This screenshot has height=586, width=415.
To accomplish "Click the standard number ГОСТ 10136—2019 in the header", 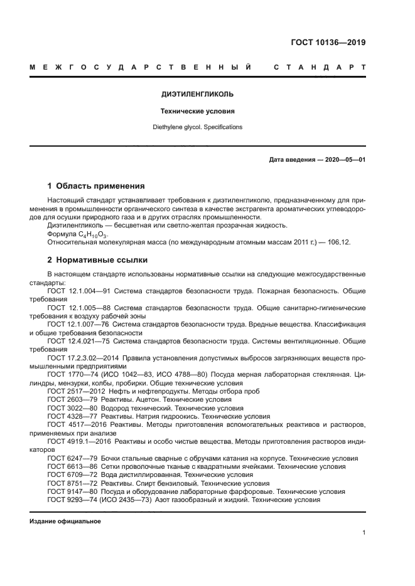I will click(328, 43).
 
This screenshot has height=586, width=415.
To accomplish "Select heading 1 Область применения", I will click(96, 186).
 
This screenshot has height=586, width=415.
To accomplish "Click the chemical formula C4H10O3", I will click(90, 233).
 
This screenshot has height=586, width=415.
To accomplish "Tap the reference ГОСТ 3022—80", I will click(68, 407).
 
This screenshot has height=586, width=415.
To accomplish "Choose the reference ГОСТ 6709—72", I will click(68, 474).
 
